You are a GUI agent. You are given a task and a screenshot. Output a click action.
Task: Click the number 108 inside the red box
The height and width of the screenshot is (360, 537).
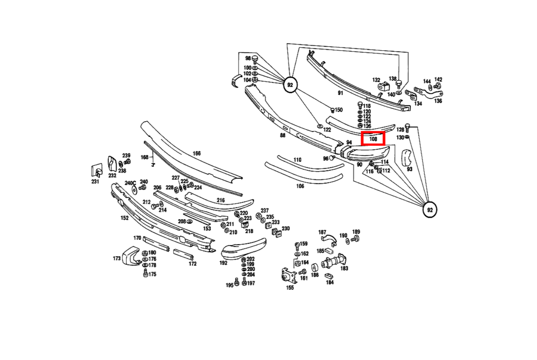point(373,139)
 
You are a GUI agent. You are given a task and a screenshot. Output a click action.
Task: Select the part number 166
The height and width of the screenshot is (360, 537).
point(197,154)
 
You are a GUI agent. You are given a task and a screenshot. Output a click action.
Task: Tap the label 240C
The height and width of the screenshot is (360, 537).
point(130,183)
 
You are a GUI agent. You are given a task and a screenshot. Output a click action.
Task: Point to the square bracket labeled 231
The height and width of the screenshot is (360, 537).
point(97,171)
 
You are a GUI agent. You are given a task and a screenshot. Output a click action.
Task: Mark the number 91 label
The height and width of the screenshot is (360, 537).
point(340,93)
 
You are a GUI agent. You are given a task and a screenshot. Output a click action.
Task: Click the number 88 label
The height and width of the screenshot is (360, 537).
point(283,135)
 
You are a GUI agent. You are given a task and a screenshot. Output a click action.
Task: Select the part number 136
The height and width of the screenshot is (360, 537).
point(438,101)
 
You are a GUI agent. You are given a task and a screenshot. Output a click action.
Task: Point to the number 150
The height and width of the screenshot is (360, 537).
point(339,110)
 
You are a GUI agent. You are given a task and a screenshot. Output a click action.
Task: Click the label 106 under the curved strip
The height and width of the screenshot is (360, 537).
point(300,186)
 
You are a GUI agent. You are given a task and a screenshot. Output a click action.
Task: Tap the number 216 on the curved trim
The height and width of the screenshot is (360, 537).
point(220,200)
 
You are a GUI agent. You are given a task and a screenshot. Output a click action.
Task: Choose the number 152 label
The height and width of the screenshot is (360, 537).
point(124,218)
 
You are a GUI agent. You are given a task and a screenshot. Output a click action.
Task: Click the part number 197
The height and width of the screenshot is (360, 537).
point(251,283)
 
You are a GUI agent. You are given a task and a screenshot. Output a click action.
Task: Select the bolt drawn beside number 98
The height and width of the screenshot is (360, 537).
point(255,60)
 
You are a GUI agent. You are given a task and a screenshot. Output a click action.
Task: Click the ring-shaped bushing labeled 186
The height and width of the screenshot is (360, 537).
point(315,268)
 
